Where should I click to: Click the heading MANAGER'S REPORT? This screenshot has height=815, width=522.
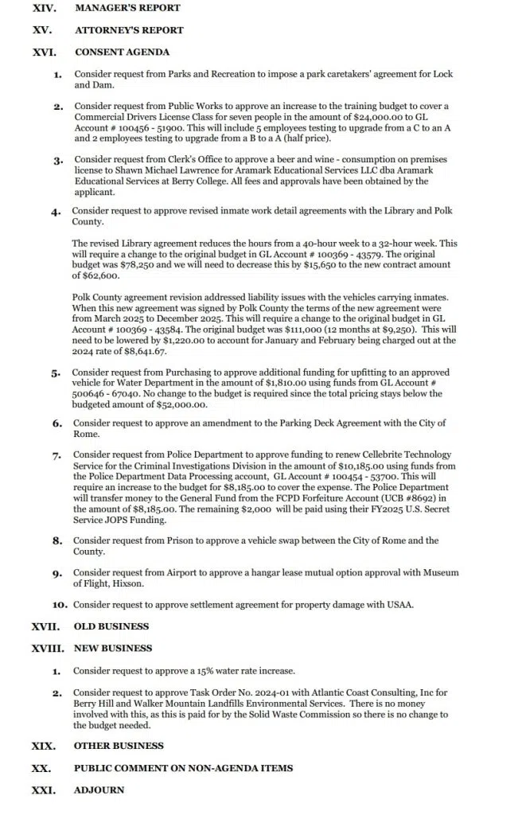coord(127,8)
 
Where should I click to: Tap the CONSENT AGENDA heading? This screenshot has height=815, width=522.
coord(122,53)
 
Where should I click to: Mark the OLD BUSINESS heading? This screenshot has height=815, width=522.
coord(111,626)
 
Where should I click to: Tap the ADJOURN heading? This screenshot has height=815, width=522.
coord(99,790)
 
